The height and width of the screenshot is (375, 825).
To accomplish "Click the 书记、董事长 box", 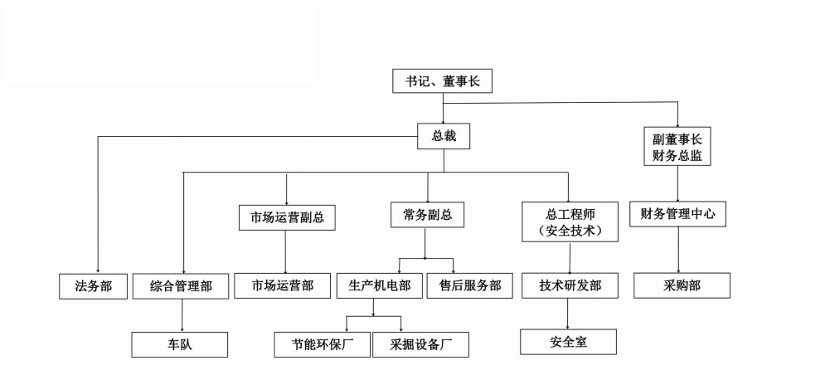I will point(443,81).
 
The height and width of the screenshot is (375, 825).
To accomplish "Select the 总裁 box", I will point(443,136).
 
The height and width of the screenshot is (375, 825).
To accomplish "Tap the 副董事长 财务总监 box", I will point(677,146).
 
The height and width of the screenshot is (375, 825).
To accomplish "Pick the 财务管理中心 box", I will point(678,214).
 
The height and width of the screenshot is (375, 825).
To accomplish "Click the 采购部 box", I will point(682,285).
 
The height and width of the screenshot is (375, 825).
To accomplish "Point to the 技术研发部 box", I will point(570,285).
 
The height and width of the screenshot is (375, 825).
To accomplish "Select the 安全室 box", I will point(568,341).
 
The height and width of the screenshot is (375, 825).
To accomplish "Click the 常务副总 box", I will point(427,215).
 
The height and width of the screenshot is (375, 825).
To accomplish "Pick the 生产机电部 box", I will point(381,285).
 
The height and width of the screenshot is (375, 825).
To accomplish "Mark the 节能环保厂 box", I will point(322,344).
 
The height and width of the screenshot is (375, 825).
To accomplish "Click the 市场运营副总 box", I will point(286,217).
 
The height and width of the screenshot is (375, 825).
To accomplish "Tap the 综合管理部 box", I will point(181,286).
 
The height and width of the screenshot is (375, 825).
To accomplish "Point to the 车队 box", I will point(180,344).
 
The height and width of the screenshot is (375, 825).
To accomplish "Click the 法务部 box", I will point(98,286).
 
